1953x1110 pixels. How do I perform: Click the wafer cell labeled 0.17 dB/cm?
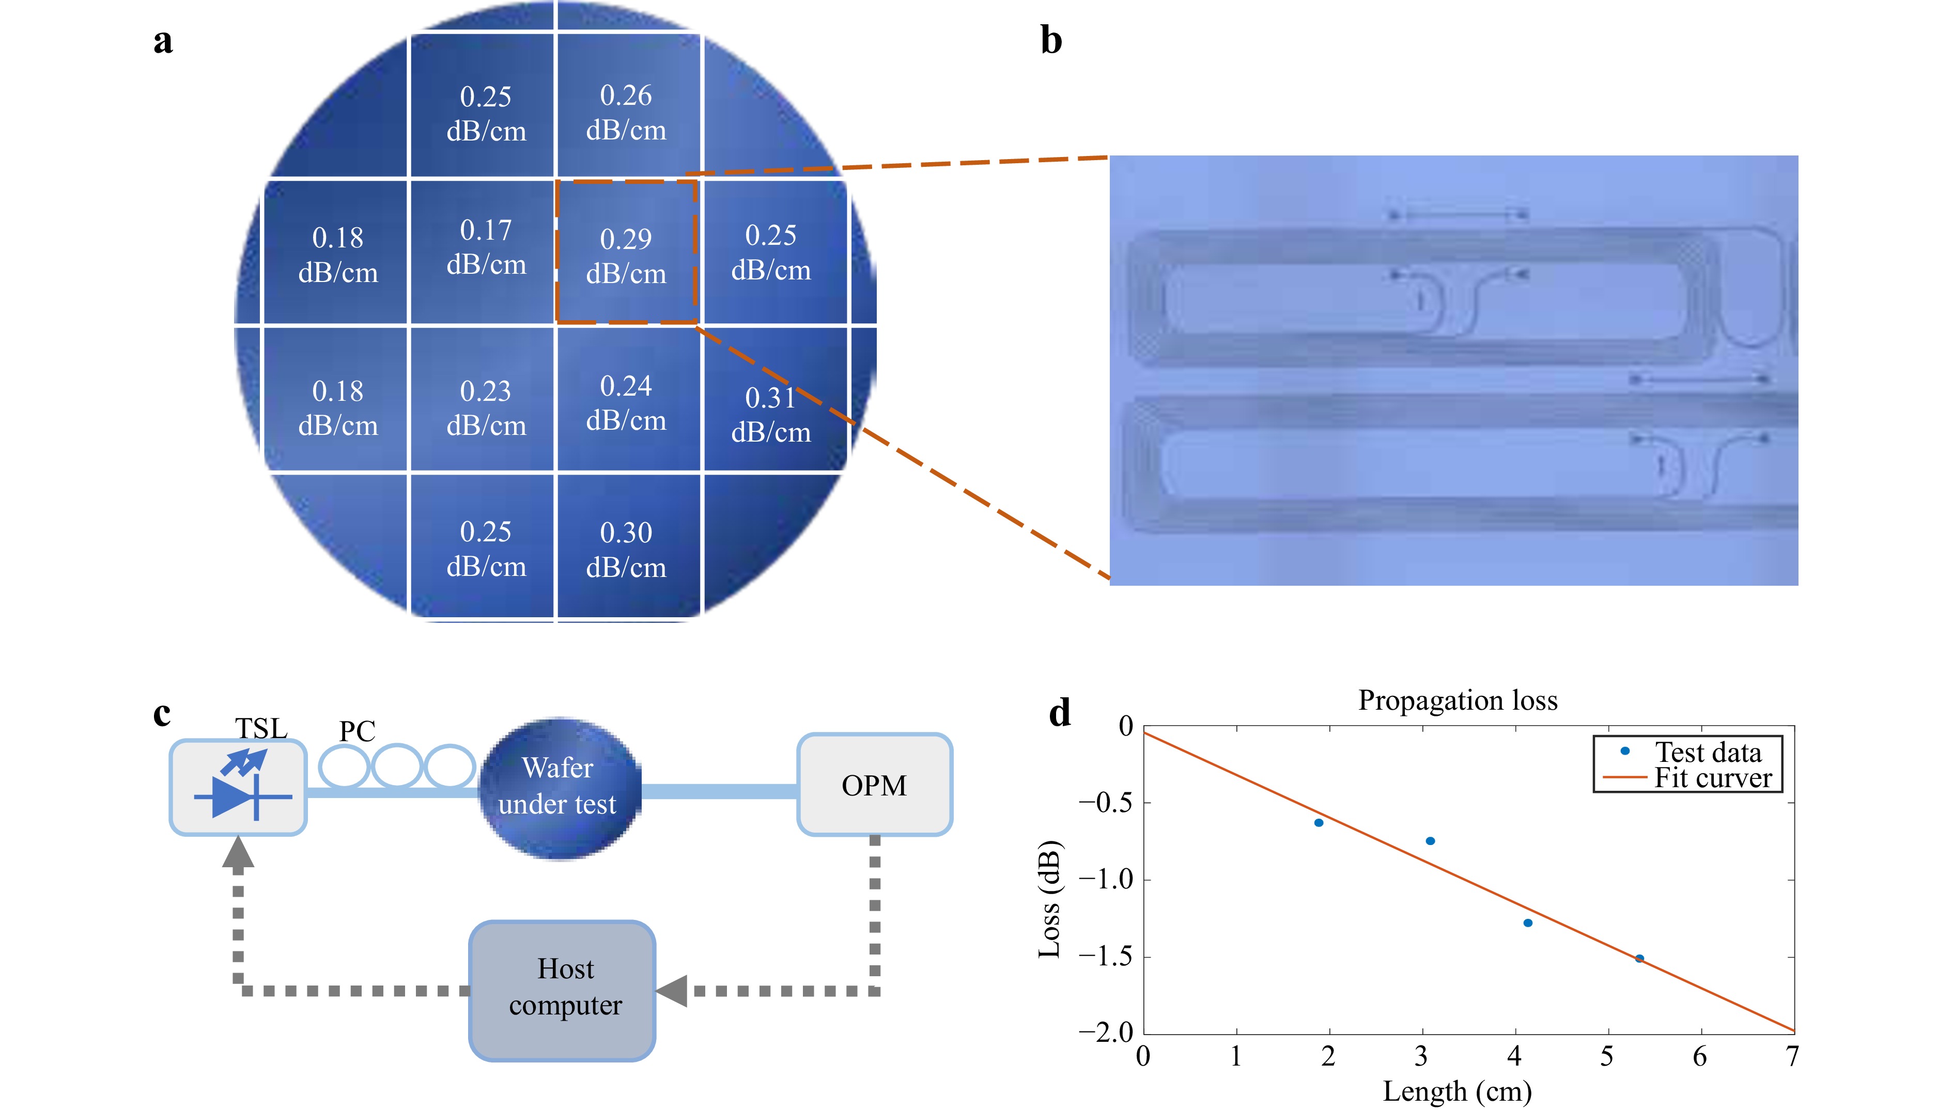point(486,248)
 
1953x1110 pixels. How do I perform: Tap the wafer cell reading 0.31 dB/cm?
point(771,414)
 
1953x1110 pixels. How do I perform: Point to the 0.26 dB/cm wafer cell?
point(626,112)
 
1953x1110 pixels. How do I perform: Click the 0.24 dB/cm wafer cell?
point(626,402)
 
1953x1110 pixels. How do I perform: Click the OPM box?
point(874,785)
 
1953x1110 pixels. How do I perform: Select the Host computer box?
point(563,989)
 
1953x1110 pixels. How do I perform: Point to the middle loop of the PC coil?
point(397,766)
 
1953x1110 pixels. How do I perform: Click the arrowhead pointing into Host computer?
point(673,991)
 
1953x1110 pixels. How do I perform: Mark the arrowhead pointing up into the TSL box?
point(238,852)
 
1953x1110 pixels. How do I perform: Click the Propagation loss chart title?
point(1458,700)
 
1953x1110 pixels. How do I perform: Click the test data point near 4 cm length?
point(1527,923)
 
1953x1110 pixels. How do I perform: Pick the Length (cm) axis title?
point(1458,1091)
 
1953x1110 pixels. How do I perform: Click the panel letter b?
point(1051,40)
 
